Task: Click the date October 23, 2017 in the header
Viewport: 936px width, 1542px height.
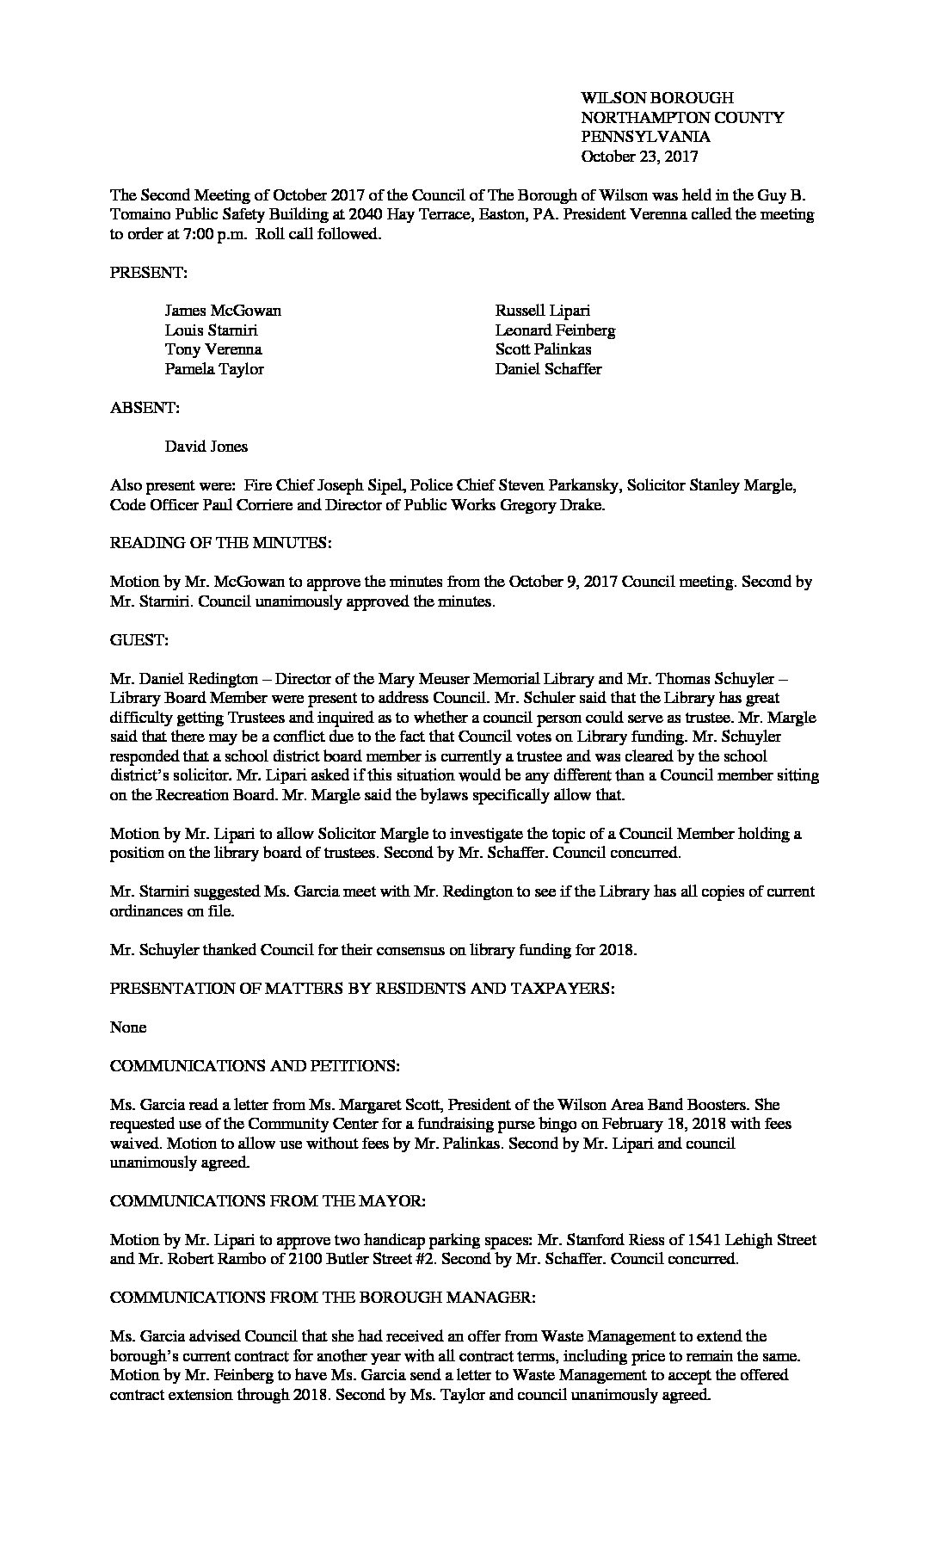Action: [x=639, y=157]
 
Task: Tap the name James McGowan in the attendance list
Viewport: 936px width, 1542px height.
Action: [x=223, y=311]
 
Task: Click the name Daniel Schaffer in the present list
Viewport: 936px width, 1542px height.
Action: [x=548, y=369]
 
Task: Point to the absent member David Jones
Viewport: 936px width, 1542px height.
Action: [x=206, y=447]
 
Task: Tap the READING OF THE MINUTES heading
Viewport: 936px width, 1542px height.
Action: [x=221, y=543]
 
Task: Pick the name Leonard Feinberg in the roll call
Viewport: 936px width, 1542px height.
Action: [x=555, y=330]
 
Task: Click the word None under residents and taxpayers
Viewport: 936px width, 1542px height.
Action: [x=128, y=1027]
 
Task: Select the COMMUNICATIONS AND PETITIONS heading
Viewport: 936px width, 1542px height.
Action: [x=255, y=1066]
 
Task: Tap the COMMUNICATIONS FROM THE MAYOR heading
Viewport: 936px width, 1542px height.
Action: [x=268, y=1201]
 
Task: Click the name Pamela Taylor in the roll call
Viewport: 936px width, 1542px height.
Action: [x=214, y=369]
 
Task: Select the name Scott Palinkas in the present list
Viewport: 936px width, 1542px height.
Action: [x=543, y=349]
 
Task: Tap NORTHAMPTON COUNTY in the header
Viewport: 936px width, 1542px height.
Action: [x=682, y=118]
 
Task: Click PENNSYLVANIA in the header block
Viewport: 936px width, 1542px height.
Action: [x=645, y=137]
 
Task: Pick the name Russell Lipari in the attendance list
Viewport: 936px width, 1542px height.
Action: [x=542, y=311]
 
